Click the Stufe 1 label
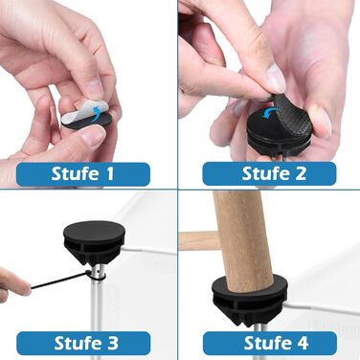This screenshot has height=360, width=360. tap(83, 174)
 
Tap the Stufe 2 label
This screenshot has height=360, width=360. tap(269, 173)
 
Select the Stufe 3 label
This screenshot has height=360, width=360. tap(83, 343)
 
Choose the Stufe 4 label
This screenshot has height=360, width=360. tap(270, 343)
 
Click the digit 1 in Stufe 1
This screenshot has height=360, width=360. tap(110, 174)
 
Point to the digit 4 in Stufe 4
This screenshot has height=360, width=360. tap(302, 343)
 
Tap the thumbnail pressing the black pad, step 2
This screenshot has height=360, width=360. tap(275, 79)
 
